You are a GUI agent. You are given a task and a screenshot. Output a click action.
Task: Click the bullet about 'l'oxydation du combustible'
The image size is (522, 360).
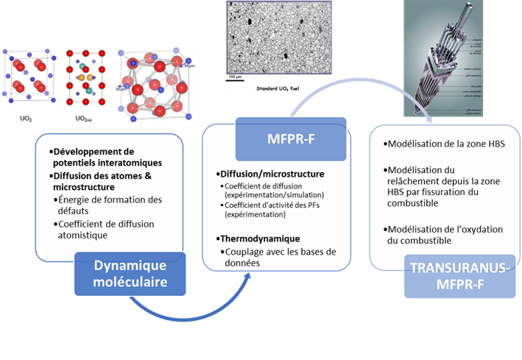pyautogui.click(x=446, y=235)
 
